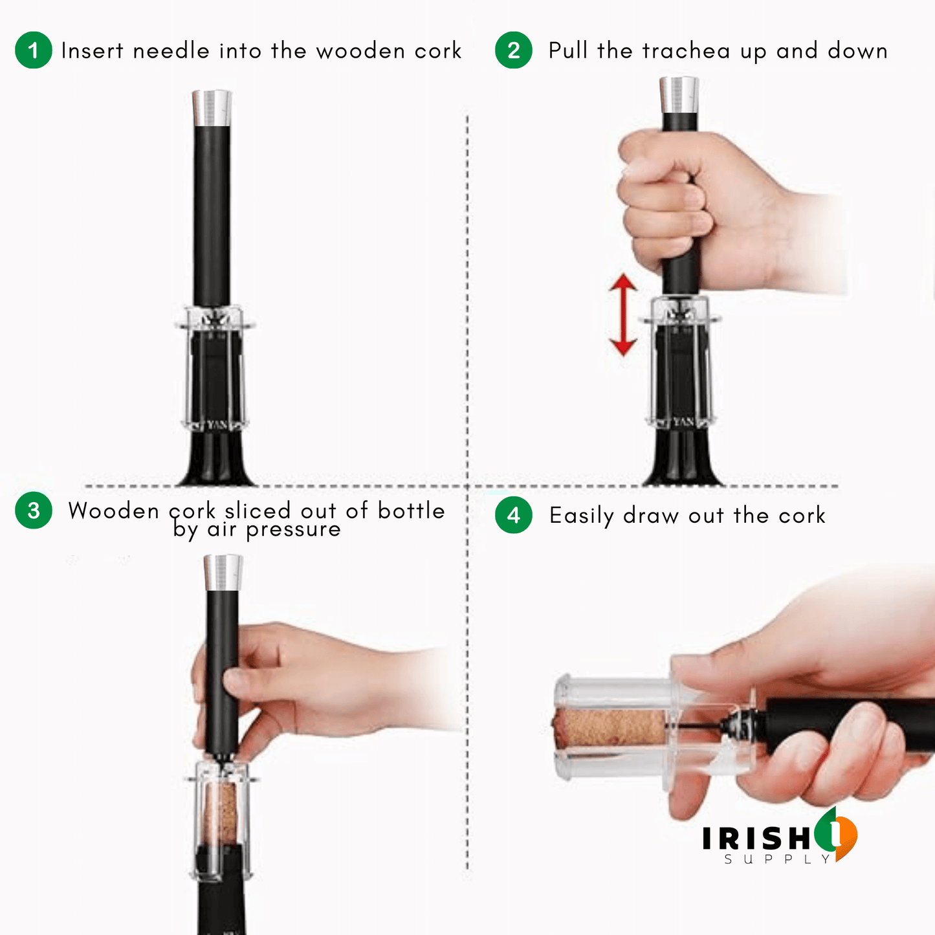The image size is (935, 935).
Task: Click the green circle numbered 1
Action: click(34, 50)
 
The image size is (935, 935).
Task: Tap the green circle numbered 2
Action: click(513, 50)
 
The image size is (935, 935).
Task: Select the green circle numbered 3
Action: click(34, 510)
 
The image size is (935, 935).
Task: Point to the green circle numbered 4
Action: click(513, 515)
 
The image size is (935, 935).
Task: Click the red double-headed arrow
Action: click(623, 314)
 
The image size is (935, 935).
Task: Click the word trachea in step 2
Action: click(687, 50)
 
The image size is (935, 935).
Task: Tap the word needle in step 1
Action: click(171, 50)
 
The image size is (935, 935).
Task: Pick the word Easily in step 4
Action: click(582, 516)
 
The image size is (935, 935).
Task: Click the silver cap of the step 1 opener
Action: click(212, 107)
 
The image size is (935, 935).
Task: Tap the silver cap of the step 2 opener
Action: click(679, 94)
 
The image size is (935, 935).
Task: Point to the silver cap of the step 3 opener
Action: click(223, 573)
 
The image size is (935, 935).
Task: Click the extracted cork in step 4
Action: click(610, 727)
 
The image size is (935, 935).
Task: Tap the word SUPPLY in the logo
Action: click(777, 859)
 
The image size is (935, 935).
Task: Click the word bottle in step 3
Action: click(412, 511)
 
